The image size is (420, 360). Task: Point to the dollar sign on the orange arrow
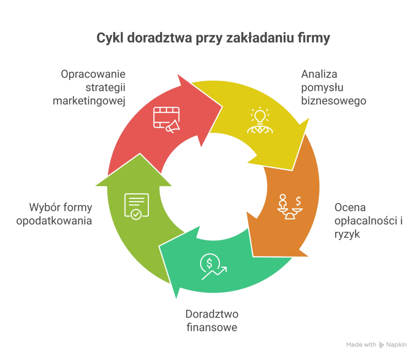(x=299, y=201)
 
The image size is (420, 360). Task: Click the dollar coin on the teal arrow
(x=209, y=263)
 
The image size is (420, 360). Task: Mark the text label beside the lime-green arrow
(x=61, y=218)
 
